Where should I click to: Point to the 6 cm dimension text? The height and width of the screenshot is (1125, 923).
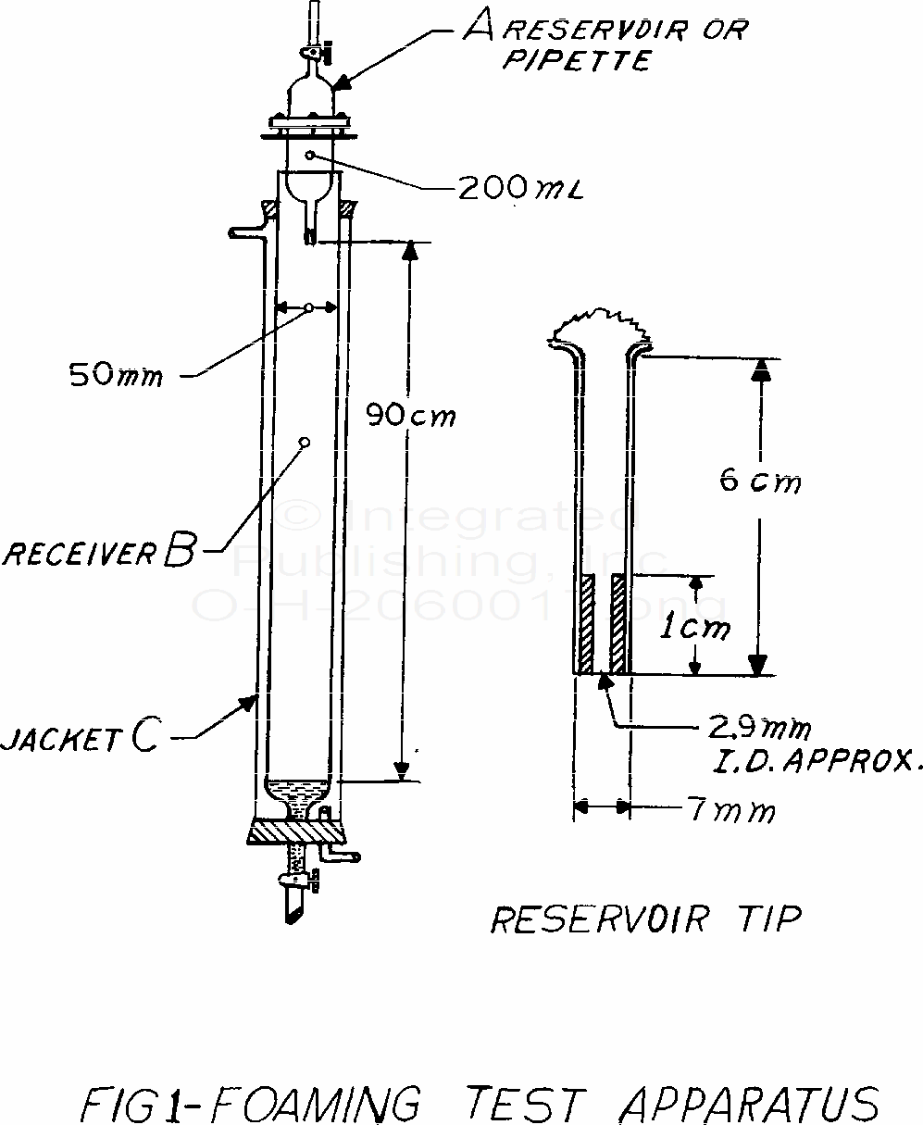click(x=759, y=481)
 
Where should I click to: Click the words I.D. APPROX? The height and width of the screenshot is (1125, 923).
click(x=806, y=762)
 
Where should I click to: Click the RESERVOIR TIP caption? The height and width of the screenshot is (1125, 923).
click(x=645, y=919)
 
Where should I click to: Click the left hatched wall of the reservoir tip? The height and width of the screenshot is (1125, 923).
click(x=585, y=624)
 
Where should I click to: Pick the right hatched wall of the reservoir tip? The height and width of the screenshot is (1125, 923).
click(x=619, y=624)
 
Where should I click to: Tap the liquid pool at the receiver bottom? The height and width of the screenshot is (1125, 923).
click(x=298, y=791)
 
